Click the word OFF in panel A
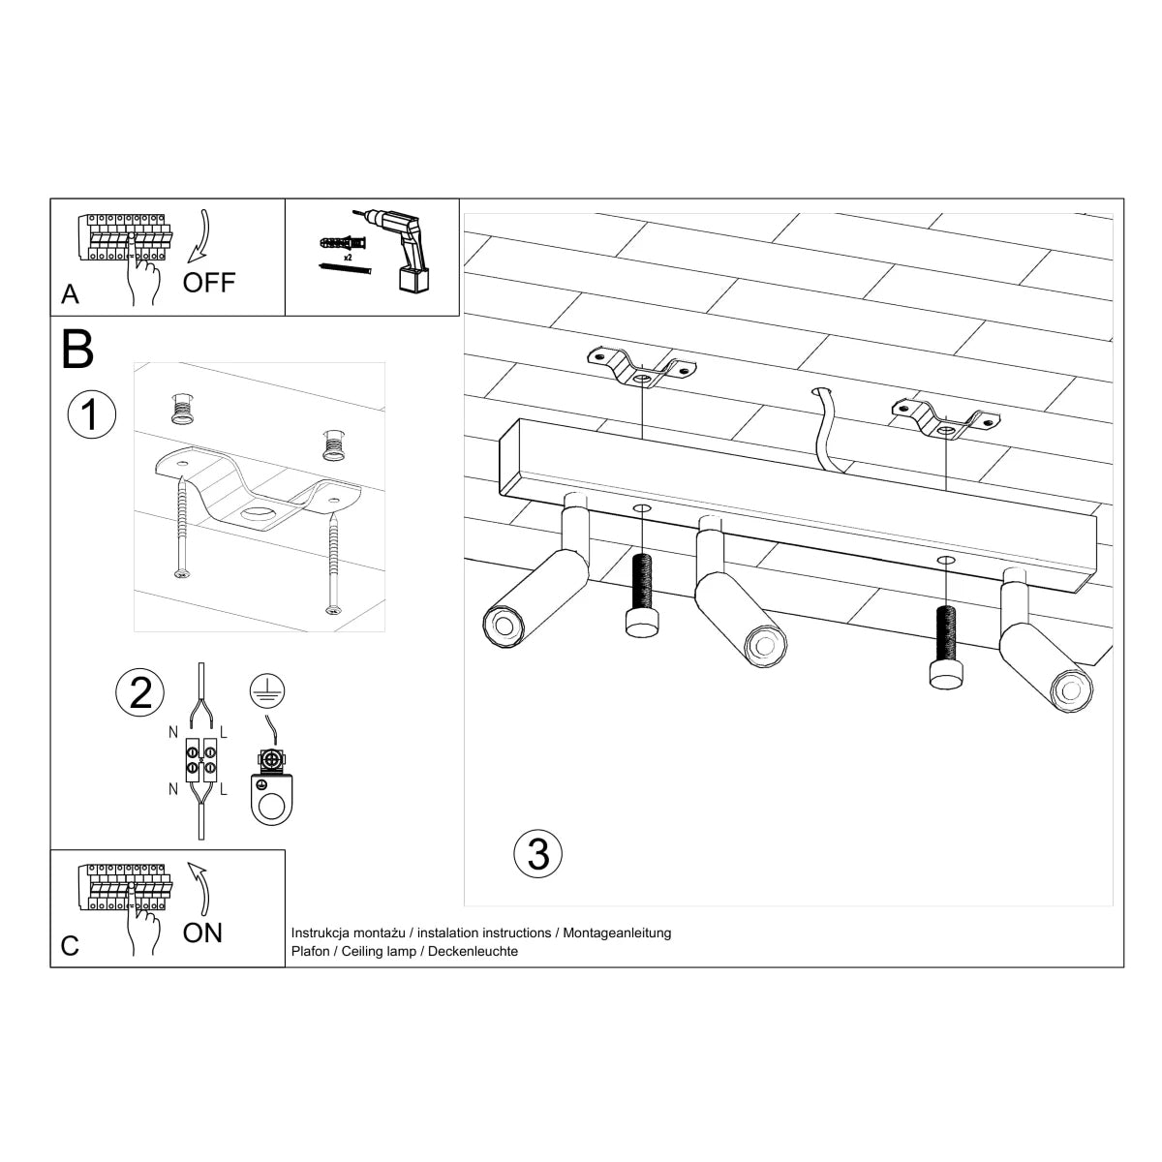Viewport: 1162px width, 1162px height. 209,283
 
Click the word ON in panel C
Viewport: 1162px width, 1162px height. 202,933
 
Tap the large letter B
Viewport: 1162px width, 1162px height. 77,351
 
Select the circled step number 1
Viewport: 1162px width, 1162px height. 91,414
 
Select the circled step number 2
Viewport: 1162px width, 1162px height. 140,693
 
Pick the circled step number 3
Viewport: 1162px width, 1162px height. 538,853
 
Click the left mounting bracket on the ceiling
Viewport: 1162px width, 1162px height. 640,368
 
